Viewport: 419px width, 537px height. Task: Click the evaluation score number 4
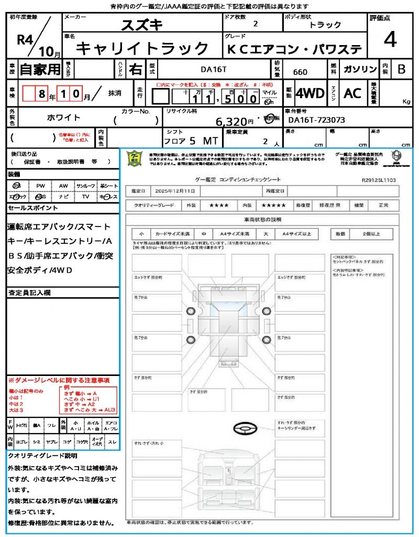coord(390,40)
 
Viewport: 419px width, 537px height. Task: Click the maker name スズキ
coord(142,25)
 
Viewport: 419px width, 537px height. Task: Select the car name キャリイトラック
coord(142,49)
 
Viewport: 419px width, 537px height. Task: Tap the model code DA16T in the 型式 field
coord(215,69)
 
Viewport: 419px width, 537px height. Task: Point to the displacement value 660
coord(300,72)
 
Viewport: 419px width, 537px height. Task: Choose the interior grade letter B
coord(401,69)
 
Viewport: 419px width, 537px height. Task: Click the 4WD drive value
coord(310,93)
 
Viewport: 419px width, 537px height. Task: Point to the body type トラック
coord(325,25)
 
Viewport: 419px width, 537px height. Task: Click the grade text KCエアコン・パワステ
coord(294,49)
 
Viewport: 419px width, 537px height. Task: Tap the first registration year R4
coord(25,40)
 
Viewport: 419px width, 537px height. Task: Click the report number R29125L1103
coord(379,179)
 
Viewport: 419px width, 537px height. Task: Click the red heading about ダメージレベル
coord(58,380)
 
